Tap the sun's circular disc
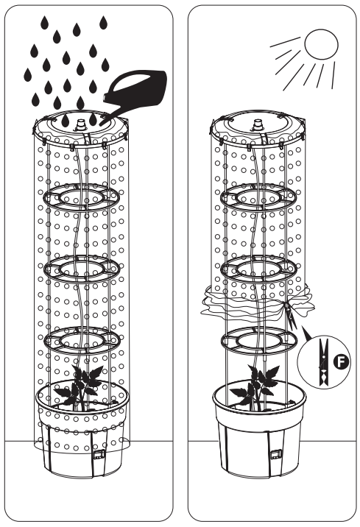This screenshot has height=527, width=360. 321,44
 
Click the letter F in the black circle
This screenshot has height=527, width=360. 341,361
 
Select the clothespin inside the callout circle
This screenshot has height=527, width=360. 324,362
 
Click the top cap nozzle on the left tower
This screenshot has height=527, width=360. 81,124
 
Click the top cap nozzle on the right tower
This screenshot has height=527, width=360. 258,124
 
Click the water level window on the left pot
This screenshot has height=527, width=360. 99,454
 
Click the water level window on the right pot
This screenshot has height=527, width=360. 276,454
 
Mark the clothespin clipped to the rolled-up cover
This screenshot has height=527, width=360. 290,315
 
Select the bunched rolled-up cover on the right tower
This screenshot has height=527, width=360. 258,303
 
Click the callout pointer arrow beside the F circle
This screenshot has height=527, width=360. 307,333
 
